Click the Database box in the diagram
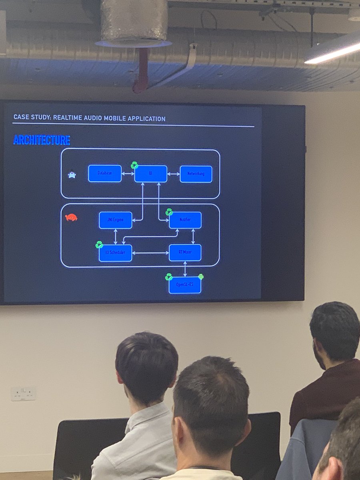105,174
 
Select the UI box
151,174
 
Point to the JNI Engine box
116,220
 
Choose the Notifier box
185,220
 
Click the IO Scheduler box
116,253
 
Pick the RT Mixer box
185,252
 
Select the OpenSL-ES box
184,285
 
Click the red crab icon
71,218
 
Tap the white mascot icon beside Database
72,175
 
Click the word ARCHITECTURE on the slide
42,140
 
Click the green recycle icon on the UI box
134,165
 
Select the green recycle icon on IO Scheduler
99,244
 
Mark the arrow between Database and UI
128,174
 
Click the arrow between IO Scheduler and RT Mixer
150,253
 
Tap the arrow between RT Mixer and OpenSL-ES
185,269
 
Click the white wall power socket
23,394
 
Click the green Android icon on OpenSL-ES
201,276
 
